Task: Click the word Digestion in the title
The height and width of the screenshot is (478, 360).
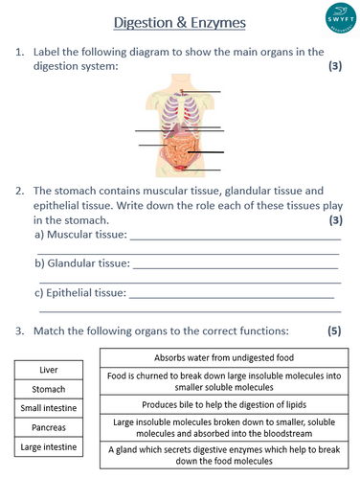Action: click(x=153, y=21)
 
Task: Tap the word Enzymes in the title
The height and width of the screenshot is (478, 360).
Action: click(x=230, y=21)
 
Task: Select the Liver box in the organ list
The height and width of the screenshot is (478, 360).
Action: click(x=49, y=370)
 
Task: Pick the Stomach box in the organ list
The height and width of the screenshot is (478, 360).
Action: click(x=49, y=389)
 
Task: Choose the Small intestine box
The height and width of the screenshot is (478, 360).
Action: click(x=49, y=408)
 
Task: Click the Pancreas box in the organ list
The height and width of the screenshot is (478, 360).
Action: click(x=49, y=427)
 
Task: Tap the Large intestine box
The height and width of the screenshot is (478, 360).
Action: click(x=49, y=446)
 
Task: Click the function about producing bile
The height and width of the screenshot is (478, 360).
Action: click(x=224, y=404)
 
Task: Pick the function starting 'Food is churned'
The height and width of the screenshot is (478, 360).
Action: click(x=224, y=381)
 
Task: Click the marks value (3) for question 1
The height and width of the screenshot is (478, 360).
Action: click(x=334, y=66)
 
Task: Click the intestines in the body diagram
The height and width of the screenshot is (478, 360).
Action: click(x=179, y=153)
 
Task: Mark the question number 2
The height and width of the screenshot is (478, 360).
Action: click(x=19, y=191)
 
